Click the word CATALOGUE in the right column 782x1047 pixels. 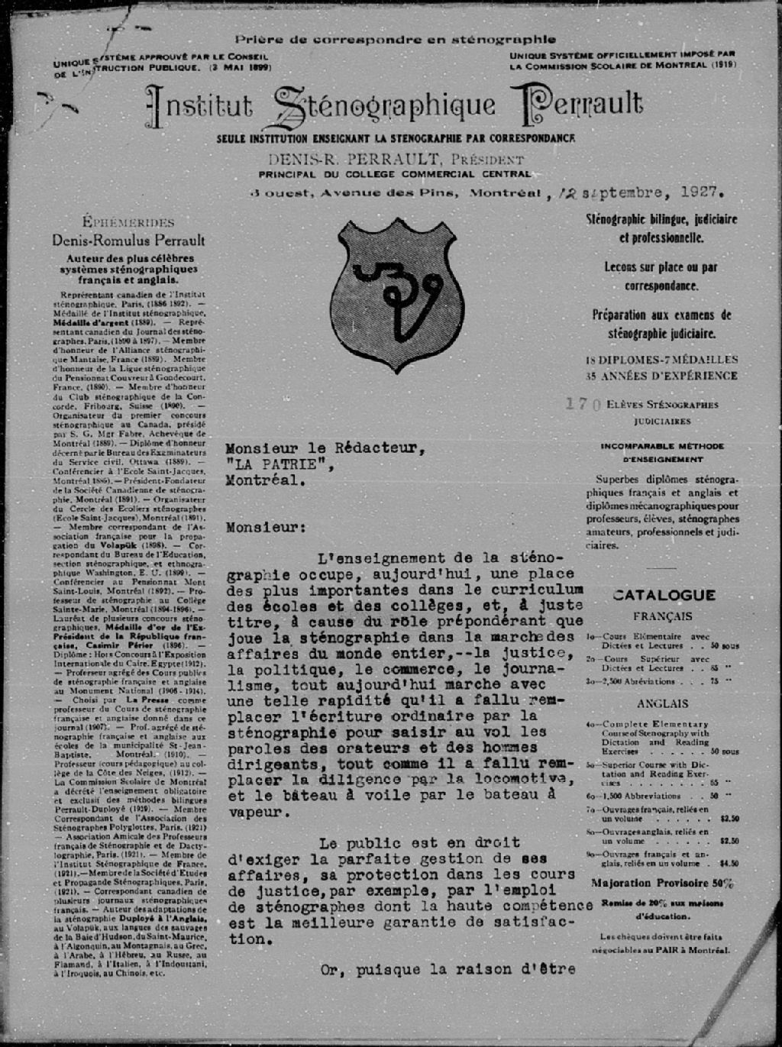coord(664,595)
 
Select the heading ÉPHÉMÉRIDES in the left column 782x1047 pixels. coord(128,223)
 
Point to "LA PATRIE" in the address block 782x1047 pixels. coord(278,465)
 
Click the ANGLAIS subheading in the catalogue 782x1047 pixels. coord(662,703)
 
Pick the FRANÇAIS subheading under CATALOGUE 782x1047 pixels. coord(662,616)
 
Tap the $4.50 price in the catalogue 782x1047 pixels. coord(729,864)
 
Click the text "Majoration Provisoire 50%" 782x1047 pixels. coord(662,883)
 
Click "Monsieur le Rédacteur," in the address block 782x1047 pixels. coord(324,449)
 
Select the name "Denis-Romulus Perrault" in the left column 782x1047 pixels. coord(128,241)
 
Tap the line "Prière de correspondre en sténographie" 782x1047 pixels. coord(395,39)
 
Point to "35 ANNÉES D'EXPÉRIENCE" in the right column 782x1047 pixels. coord(661,375)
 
